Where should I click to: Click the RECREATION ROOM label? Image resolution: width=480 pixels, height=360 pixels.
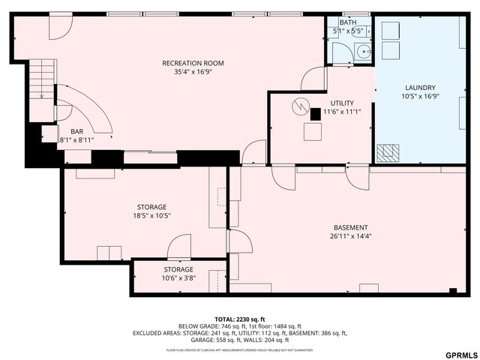(x=193, y=63)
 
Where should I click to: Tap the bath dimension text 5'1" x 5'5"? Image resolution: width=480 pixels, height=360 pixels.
(x=348, y=31)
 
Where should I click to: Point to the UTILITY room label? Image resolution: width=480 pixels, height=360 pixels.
(x=341, y=103)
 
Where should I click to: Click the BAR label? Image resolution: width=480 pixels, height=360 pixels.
(x=76, y=131)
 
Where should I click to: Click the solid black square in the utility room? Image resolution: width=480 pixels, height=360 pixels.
(x=316, y=113)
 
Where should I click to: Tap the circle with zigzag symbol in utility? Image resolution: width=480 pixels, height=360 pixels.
(x=300, y=106)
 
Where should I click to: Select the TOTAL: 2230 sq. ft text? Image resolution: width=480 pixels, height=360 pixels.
(x=239, y=319)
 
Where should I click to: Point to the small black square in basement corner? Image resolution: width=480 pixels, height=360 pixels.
(x=452, y=291)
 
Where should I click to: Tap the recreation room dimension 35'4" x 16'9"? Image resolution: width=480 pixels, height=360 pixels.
(x=193, y=72)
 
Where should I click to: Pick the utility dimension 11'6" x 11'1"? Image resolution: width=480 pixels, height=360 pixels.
(x=341, y=112)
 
